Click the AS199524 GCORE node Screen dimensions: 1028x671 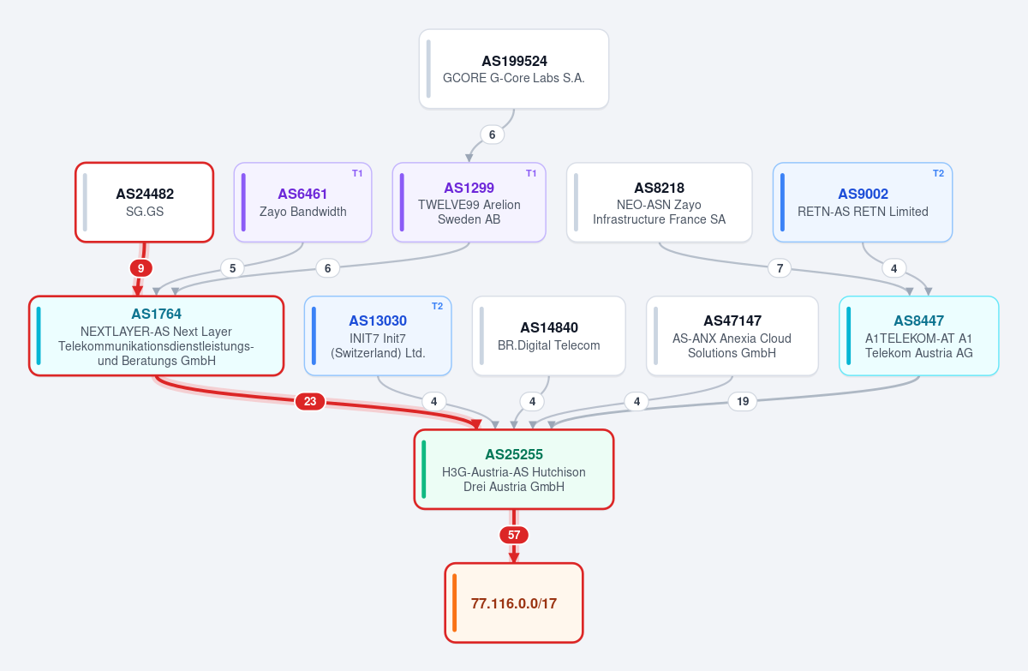pyautogui.click(x=514, y=69)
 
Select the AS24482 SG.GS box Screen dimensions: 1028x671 pyautogui.click(x=145, y=202)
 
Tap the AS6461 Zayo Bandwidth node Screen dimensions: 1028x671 pyautogui.click(x=303, y=202)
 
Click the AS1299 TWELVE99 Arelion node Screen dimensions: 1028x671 pyautogui.click(x=469, y=202)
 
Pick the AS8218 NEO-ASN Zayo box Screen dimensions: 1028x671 pyautogui.click(x=660, y=202)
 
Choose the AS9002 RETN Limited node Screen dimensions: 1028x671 pyautogui.click(x=863, y=202)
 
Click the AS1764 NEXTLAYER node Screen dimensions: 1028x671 pyautogui.click(x=157, y=336)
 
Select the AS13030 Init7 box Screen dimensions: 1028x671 pyautogui.click(x=378, y=336)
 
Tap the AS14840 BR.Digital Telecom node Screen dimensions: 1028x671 pyautogui.click(x=549, y=336)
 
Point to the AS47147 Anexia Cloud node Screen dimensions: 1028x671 pyautogui.click(x=732, y=336)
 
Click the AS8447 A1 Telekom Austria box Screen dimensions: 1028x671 pyautogui.click(x=918, y=336)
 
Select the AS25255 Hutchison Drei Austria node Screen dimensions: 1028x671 pyautogui.click(x=514, y=470)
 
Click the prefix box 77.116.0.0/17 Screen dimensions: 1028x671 pyautogui.click(x=514, y=603)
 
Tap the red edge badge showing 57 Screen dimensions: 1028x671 pyautogui.click(x=514, y=535)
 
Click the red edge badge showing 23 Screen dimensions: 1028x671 pyautogui.click(x=310, y=402)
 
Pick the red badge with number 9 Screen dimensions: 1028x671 pyautogui.click(x=140, y=268)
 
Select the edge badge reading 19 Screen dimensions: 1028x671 pyautogui.click(x=743, y=402)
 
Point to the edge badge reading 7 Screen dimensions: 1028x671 pyautogui.click(x=780, y=268)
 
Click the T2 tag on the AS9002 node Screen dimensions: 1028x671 pyautogui.click(x=939, y=173)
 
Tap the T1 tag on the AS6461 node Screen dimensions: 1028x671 pyautogui.click(x=357, y=173)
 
